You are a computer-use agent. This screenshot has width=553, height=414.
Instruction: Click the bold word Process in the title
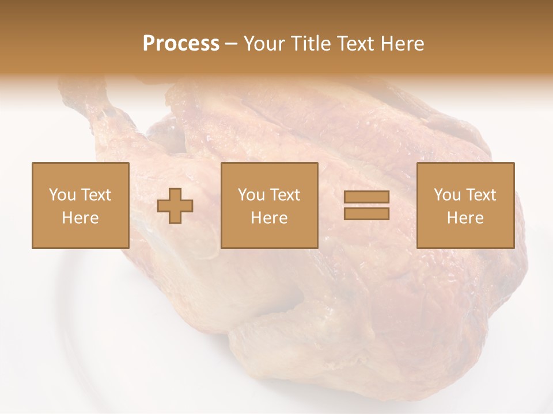coord(181,44)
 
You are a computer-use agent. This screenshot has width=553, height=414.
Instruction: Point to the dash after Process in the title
coord(232,44)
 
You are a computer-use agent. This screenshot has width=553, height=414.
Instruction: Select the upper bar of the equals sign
coord(366,197)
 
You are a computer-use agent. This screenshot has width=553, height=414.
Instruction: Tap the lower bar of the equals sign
coord(366,213)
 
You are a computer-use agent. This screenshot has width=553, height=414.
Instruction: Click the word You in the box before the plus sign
coord(62,195)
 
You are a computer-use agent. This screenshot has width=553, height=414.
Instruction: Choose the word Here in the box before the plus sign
coord(80,218)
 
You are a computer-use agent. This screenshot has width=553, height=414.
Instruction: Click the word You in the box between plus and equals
coord(251,195)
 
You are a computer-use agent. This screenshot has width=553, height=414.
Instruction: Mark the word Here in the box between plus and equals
coord(269,218)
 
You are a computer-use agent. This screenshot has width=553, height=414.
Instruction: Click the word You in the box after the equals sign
coord(447,195)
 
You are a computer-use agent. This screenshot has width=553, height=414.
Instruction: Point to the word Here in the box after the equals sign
coord(465,218)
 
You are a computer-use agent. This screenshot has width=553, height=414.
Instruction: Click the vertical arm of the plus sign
coord(175,195)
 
